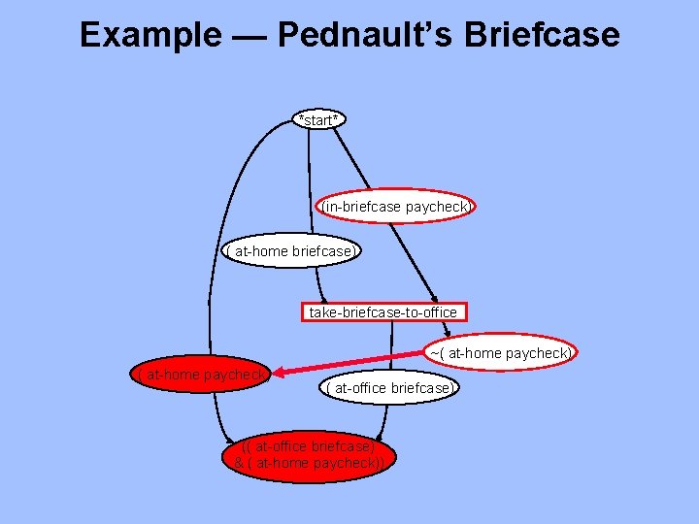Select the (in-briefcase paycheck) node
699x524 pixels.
[x=396, y=207]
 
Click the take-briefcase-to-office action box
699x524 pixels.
[x=383, y=312]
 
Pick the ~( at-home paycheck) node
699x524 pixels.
[x=500, y=353]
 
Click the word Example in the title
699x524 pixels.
[x=150, y=35]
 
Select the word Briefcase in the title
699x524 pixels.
[x=542, y=35]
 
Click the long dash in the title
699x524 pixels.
[x=248, y=36]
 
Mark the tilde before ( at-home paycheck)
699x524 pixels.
[x=433, y=353]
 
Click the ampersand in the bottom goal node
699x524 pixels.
[x=240, y=463]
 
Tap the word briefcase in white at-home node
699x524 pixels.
[x=321, y=251]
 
